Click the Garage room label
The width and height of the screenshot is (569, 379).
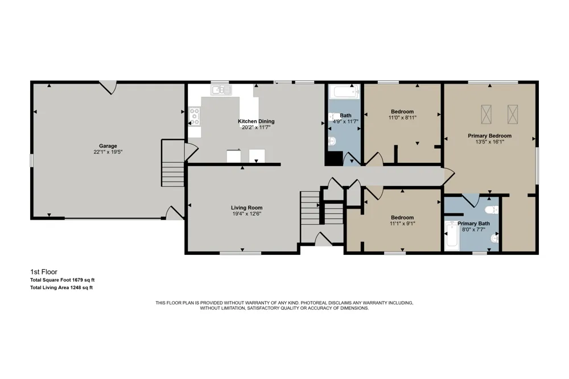tap(108, 146)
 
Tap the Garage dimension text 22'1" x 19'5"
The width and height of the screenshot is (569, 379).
tap(108, 152)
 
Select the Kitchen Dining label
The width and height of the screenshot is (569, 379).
tap(256, 121)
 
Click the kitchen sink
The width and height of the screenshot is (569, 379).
tap(221, 90)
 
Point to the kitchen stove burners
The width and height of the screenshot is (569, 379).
tap(194, 116)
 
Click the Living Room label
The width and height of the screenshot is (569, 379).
tap(247, 208)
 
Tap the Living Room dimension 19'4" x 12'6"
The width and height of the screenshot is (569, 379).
tap(247, 214)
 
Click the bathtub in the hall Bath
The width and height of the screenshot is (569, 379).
tap(346, 92)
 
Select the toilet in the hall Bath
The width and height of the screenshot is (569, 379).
tap(332, 141)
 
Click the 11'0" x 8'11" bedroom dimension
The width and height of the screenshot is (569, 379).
tap(402, 118)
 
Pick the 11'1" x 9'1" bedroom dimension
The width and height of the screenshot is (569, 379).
tap(402, 224)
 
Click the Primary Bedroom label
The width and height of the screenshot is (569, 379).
tap(489, 136)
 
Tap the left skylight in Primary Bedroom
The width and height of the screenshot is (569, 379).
tap(486, 114)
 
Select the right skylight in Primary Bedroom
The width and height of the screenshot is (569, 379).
tap(513, 114)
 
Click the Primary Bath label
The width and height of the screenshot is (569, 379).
tap(473, 224)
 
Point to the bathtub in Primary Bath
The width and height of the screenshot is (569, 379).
tap(452, 236)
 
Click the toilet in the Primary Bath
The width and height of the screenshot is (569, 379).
tap(492, 210)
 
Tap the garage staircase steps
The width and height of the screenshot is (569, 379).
tap(173, 174)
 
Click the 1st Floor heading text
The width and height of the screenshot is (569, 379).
tap(44, 272)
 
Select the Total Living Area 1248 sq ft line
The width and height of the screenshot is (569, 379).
tap(61, 287)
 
